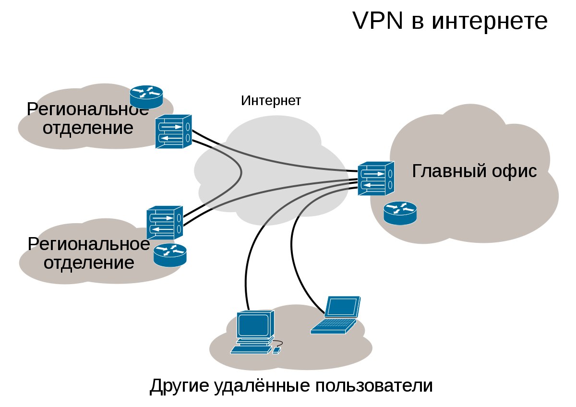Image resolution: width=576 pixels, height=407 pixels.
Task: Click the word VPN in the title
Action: [x=377, y=21]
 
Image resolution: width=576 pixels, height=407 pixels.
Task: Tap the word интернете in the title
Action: [x=490, y=22]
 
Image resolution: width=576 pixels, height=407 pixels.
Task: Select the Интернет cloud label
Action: [x=271, y=100]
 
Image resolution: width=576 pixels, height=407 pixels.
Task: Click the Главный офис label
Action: [x=474, y=171]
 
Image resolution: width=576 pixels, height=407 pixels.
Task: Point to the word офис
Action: [x=514, y=171]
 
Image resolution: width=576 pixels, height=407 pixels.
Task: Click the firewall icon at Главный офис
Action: [x=376, y=179]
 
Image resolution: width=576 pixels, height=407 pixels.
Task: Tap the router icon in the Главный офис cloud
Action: [x=400, y=213]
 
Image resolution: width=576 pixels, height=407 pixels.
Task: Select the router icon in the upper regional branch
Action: [x=146, y=97]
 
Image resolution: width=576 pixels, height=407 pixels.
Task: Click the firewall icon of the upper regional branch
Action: [x=174, y=132]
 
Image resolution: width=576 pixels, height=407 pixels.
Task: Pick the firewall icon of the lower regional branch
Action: [x=165, y=223]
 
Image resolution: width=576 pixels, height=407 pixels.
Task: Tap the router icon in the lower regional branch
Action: [x=170, y=255]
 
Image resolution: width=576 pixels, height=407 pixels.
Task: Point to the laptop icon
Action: [x=336, y=315]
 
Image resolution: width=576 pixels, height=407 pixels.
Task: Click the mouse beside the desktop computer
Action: [x=276, y=350]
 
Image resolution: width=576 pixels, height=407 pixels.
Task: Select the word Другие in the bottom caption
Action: [x=179, y=386]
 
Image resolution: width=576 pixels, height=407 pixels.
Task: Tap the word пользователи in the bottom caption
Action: [x=374, y=386]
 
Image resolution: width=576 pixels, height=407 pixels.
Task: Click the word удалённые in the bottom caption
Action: [x=262, y=386]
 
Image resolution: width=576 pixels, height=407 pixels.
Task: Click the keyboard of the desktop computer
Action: [x=251, y=350]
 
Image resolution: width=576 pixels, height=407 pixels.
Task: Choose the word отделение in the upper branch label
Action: [x=88, y=128]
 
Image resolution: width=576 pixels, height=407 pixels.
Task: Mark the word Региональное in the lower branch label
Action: [x=89, y=244]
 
